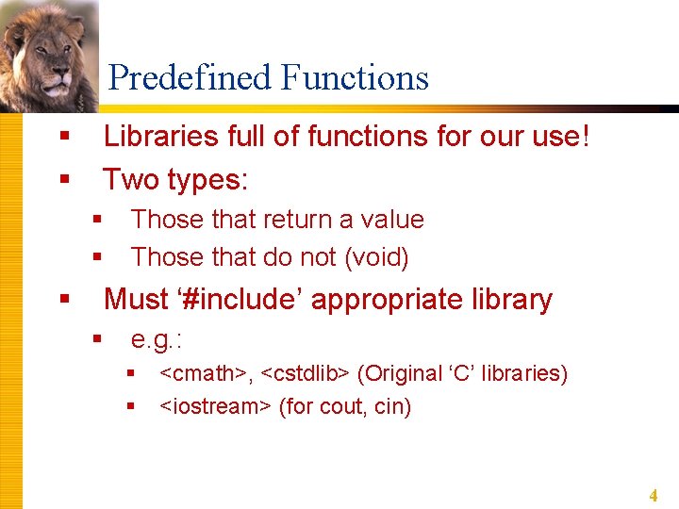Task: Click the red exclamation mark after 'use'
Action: (586, 137)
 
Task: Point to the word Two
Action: (128, 178)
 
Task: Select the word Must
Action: (136, 300)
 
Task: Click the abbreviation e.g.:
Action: (156, 340)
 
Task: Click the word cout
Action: (339, 408)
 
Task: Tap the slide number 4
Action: (653, 495)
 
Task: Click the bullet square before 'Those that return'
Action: (96, 220)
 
